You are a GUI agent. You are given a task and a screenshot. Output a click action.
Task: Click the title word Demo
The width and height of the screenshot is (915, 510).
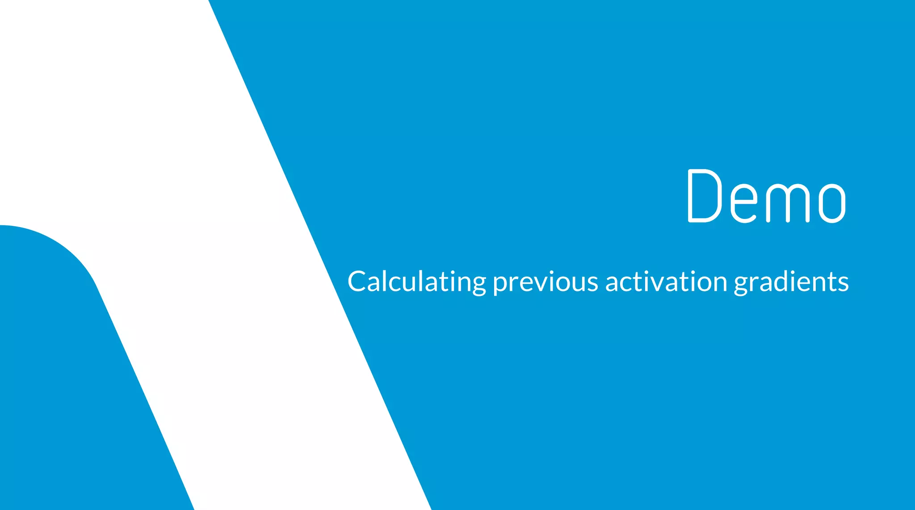(766, 196)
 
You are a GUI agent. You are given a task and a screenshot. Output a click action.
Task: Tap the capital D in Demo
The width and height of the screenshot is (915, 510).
(705, 196)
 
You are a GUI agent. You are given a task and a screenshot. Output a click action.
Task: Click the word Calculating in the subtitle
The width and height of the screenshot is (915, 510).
(416, 282)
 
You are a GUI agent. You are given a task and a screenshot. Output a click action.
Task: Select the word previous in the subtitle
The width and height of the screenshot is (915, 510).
(545, 283)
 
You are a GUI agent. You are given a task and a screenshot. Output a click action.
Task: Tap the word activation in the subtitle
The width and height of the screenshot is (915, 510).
(666, 282)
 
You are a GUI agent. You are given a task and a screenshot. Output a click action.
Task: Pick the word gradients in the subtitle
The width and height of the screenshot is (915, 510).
(791, 283)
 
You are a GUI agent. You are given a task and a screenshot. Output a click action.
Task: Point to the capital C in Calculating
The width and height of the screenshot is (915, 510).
(358, 282)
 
